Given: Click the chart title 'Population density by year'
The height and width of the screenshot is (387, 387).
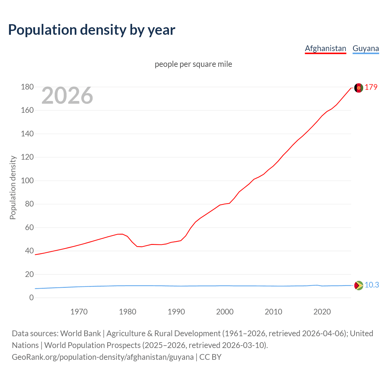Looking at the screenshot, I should [92, 30].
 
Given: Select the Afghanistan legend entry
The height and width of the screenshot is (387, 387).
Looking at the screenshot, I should [325, 48].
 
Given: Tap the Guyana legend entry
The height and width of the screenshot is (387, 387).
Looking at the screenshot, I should [366, 48].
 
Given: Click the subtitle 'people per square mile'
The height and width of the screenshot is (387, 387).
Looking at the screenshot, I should [193, 64].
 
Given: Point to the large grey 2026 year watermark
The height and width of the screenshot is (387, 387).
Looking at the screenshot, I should [67, 96].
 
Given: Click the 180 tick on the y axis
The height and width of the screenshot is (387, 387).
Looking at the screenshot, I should [27, 87].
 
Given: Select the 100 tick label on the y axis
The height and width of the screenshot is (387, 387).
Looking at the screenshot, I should [27, 181].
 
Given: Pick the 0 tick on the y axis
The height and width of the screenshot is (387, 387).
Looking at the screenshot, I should [31, 298].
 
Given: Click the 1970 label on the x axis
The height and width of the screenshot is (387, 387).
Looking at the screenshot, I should [79, 312].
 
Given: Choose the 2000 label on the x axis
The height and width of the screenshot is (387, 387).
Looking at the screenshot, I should [225, 312].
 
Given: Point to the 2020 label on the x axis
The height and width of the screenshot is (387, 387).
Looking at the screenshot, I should [322, 312].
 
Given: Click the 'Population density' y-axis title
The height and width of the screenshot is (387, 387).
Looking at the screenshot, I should [13, 187].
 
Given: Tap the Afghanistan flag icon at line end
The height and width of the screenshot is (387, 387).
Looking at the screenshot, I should [359, 88].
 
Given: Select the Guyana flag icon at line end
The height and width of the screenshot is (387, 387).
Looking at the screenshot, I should [359, 285].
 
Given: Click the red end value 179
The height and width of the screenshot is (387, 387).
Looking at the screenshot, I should [371, 87].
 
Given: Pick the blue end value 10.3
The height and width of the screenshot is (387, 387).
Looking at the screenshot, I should [372, 285].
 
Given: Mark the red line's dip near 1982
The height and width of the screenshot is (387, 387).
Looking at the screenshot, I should [139, 247].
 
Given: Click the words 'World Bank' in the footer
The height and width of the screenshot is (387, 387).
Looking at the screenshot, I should [80, 333].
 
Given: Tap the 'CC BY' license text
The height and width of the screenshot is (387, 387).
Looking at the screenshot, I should [210, 357].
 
